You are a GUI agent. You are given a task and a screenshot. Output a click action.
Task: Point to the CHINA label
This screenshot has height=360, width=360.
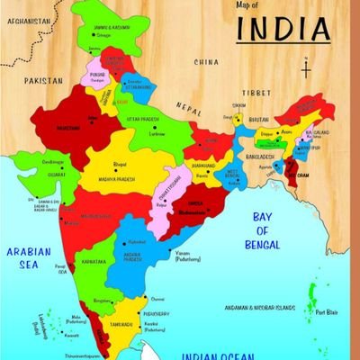click(x=206, y=62)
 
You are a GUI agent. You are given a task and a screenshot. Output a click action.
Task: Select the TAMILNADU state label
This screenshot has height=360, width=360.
click(x=122, y=324)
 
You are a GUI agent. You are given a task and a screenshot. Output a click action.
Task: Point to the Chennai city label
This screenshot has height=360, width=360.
click(x=157, y=299)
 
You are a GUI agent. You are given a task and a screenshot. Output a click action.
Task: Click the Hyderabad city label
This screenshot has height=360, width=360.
click(x=137, y=242)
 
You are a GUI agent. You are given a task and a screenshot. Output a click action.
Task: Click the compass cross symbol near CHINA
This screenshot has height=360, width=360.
click(x=307, y=68)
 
